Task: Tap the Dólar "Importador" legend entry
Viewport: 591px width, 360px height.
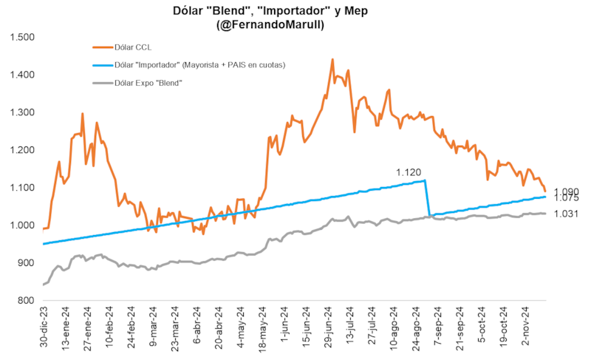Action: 199,65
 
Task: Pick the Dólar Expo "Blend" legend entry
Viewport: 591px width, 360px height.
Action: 148,83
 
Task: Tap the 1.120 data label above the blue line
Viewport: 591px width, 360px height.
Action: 409,172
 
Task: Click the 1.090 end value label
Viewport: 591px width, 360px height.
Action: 566,191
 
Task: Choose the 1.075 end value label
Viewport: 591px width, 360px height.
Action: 566,199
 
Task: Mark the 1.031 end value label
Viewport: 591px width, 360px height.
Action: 566,214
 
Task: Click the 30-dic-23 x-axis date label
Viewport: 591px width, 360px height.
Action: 46,328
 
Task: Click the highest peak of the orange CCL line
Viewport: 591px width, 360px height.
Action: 332,60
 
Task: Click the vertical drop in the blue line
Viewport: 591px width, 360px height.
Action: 428,198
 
